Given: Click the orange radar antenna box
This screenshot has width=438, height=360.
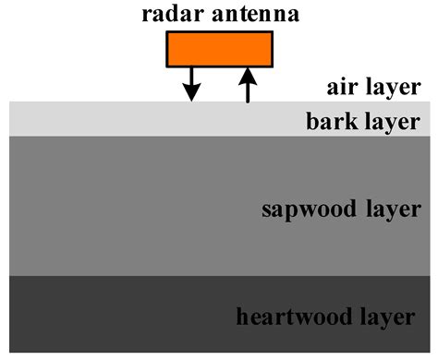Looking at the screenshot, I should (219, 48).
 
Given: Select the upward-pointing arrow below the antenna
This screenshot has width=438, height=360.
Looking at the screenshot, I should (247, 84).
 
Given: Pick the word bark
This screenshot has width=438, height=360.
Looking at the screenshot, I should (328, 121).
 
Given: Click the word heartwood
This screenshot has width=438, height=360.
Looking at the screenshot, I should (286, 318).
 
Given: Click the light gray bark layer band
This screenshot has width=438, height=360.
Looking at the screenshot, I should (139, 118).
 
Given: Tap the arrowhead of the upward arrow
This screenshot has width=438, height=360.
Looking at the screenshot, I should (247, 74).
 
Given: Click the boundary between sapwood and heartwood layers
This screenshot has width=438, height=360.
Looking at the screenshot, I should (139, 275).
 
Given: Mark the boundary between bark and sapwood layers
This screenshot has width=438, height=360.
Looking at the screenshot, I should (139, 136).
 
